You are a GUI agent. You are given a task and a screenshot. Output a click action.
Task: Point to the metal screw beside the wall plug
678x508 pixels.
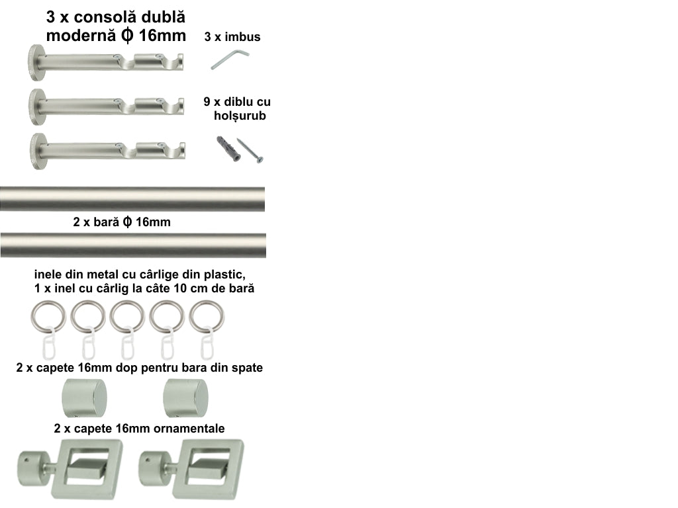(250, 150)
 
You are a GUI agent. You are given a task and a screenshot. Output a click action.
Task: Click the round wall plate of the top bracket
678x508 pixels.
(34, 63)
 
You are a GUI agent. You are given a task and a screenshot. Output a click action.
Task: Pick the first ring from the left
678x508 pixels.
(48, 317)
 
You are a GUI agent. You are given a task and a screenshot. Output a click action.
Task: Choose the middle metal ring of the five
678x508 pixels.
(127, 317)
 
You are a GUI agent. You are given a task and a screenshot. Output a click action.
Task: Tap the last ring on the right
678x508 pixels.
(207, 317)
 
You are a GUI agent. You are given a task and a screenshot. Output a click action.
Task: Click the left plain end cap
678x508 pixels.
(84, 398)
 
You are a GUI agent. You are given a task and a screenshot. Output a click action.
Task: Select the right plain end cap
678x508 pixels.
(185, 398)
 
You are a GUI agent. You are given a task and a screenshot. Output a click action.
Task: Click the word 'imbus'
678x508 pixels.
(242, 37)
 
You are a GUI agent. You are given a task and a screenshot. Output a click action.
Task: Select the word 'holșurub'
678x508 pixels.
(240, 116)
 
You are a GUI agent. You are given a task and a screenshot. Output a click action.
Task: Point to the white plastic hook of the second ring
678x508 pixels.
(89, 344)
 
